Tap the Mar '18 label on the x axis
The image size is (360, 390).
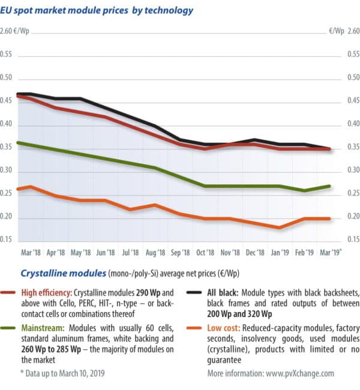tap(31, 253)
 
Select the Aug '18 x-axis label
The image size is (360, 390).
tap(155, 253)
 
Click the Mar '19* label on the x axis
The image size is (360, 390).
tap(331, 253)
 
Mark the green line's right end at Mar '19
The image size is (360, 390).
tap(330, 186)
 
